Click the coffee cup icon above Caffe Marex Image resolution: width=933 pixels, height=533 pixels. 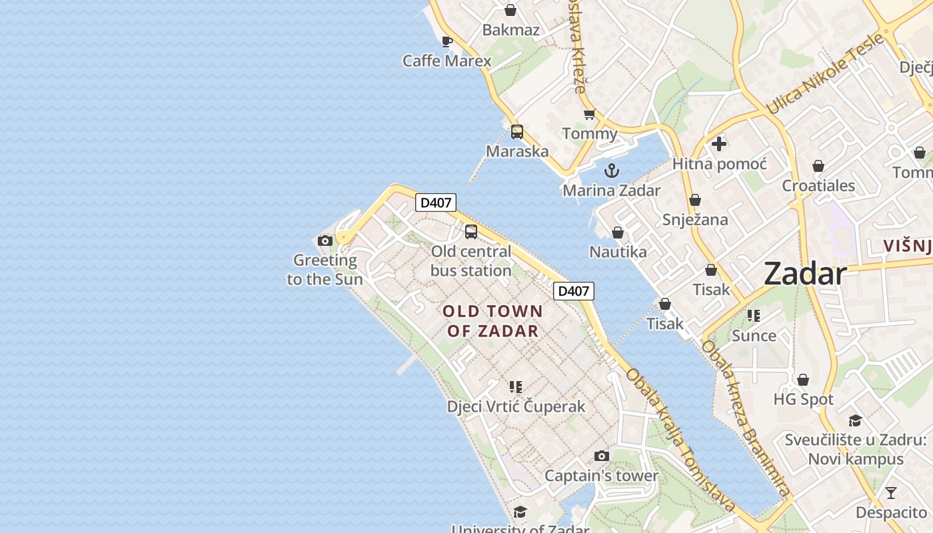pos(447,42)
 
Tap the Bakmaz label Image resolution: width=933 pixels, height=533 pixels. pos(510,30)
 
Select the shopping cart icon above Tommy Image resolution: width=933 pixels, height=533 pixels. pos(589,115)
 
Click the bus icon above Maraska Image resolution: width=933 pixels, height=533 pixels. pos(517,132)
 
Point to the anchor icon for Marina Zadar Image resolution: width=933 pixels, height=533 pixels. pos(612,171)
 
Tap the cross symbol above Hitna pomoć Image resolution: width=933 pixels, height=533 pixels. pos(719,144)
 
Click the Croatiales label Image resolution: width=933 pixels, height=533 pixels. pos(818,186)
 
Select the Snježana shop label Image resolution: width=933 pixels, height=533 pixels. pos(695,220)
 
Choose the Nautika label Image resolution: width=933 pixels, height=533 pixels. pos(618,252)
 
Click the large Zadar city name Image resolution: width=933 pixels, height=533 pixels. pos(805,274)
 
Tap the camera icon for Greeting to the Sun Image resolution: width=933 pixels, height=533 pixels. pos(325,241)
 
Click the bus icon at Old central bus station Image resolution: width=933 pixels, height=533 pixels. pos(471,232)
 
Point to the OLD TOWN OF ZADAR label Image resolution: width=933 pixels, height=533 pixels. pos(493,320)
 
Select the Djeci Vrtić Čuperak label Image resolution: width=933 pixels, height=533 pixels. pos(516,406)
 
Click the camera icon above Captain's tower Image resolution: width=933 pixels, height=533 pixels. pos(602,456)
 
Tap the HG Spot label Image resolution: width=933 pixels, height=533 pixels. pos(803,400)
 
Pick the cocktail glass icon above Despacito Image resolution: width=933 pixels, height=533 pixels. pos(891,494)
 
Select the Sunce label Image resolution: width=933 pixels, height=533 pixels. pos(754,336)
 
